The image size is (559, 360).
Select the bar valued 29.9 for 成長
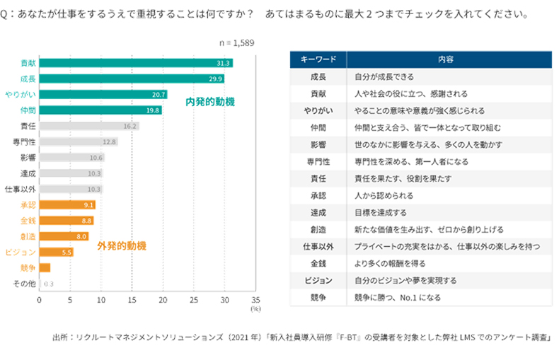coord(132,79)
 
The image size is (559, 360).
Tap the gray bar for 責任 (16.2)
coord(89,126)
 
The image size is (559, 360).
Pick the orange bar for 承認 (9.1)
coord(67,204)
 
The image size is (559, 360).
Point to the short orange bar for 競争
coord(45,267)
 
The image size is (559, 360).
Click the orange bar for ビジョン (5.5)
coord(56,252)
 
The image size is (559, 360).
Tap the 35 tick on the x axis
coord(255,299)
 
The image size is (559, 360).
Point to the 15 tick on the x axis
coord(132,299)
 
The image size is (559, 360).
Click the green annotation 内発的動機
coord(210,102)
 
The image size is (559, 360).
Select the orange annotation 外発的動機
coord(121,245)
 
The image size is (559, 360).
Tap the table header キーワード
coord(318,59)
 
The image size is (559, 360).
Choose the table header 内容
coord(446,59)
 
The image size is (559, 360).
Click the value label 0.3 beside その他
coord(49,284)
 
